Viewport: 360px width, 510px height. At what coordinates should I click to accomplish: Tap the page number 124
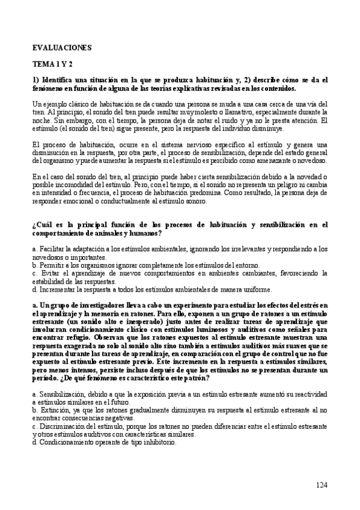point(322,485)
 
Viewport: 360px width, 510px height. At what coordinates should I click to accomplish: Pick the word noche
point(42,120)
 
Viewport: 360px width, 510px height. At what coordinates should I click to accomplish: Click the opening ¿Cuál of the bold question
point(42,224)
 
